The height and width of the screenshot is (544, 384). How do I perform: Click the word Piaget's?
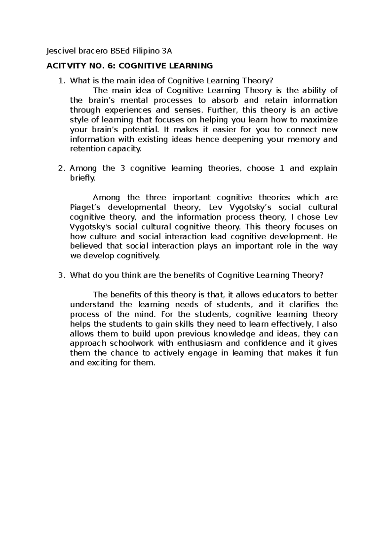(84, 207)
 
